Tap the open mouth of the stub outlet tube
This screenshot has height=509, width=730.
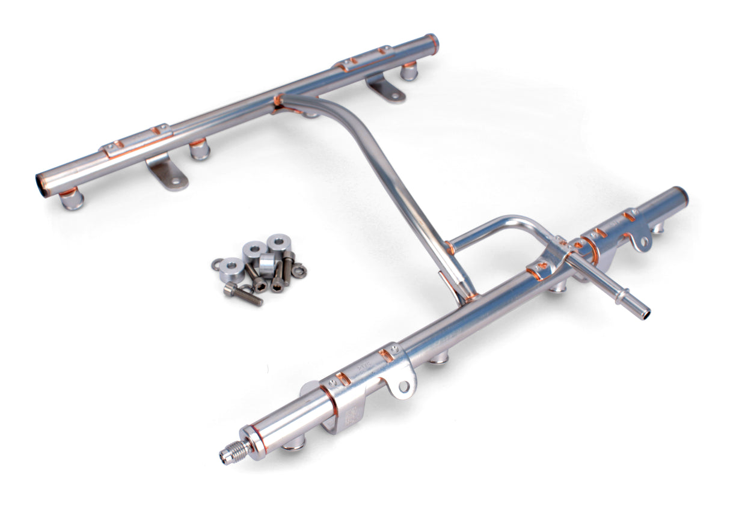(645, 314)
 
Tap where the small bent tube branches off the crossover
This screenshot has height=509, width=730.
(450, 247)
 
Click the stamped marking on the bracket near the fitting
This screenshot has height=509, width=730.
(350, 415)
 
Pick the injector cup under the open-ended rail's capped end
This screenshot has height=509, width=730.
(409, 71)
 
